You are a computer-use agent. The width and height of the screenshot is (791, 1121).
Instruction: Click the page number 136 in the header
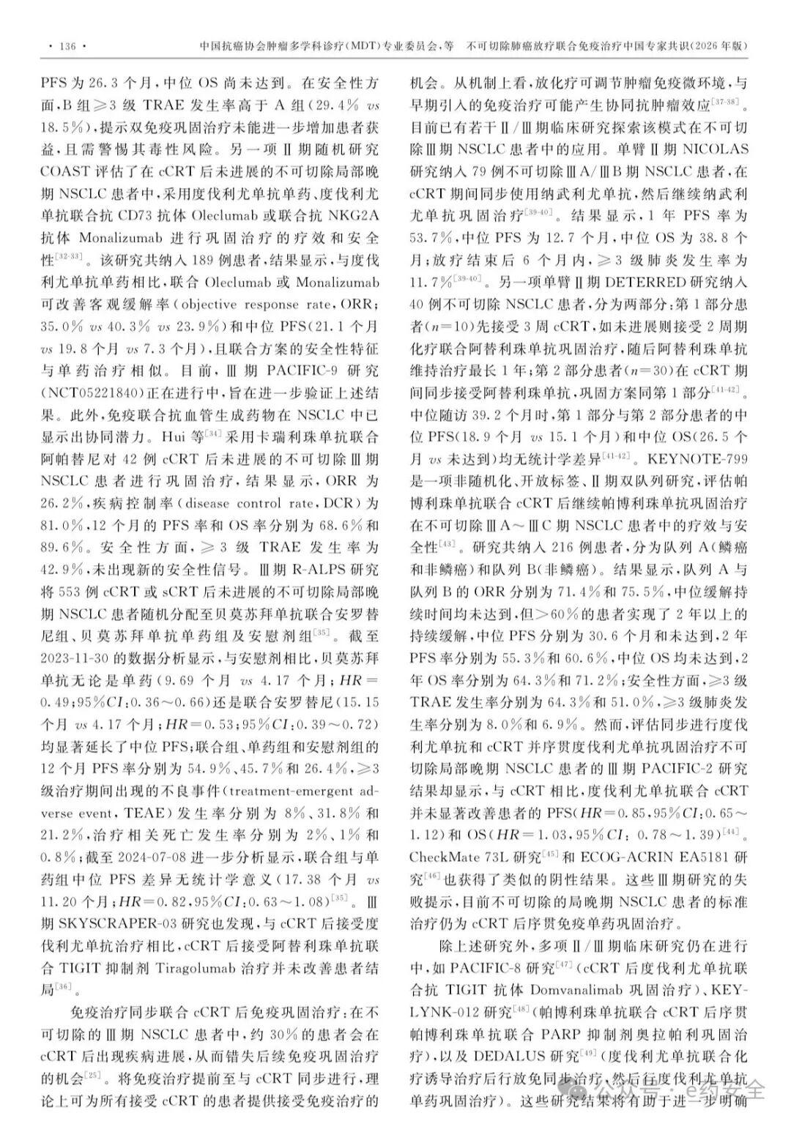coord(67,46)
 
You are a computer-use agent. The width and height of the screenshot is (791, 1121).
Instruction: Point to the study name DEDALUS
coord(514,1057)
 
